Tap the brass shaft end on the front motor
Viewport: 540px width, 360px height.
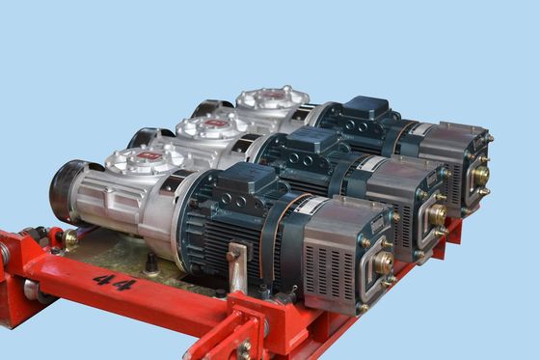coord(385,261)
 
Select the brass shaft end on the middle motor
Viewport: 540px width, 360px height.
coord(437,214)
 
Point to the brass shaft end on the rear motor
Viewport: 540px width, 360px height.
coord(480,177)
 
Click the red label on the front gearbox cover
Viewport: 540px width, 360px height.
coord(148,154)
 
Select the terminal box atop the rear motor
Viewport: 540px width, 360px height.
coord(364,108)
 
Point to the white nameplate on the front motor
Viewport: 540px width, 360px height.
coord(309,206)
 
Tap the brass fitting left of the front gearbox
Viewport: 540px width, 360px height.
coord(70,236)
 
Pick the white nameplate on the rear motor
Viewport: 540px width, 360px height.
coord(422,127)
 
